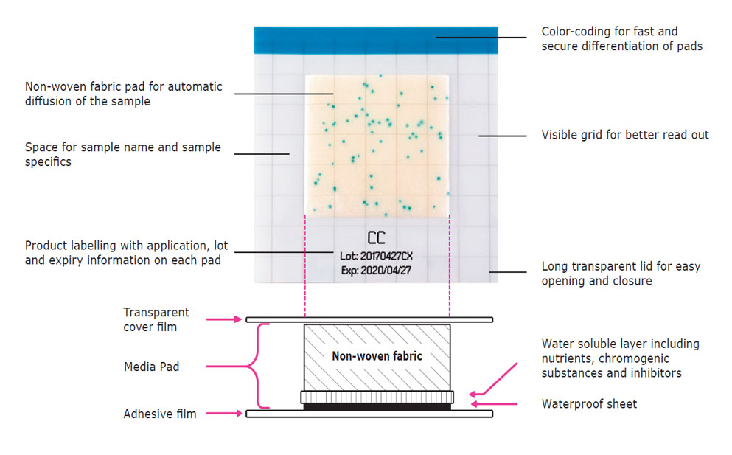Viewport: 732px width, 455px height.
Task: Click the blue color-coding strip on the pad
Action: pos(376,40)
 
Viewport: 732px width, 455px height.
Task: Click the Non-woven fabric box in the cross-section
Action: pos(377,356)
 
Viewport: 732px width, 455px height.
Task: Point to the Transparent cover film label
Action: pos(156,319)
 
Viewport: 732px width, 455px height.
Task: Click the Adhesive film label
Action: pos(160,414)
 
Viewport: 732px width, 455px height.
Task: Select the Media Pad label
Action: pos(151,367)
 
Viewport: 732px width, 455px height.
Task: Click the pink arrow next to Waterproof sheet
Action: pos(487,404)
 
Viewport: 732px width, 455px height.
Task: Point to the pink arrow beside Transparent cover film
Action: pos(225,319)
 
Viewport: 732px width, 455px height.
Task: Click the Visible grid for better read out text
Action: pos(625,135)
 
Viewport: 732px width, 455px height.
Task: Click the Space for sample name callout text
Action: pos(122,154)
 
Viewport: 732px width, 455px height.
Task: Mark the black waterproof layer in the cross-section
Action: pos(377,406)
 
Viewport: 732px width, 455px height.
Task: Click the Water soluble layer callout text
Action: pos(620,358)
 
